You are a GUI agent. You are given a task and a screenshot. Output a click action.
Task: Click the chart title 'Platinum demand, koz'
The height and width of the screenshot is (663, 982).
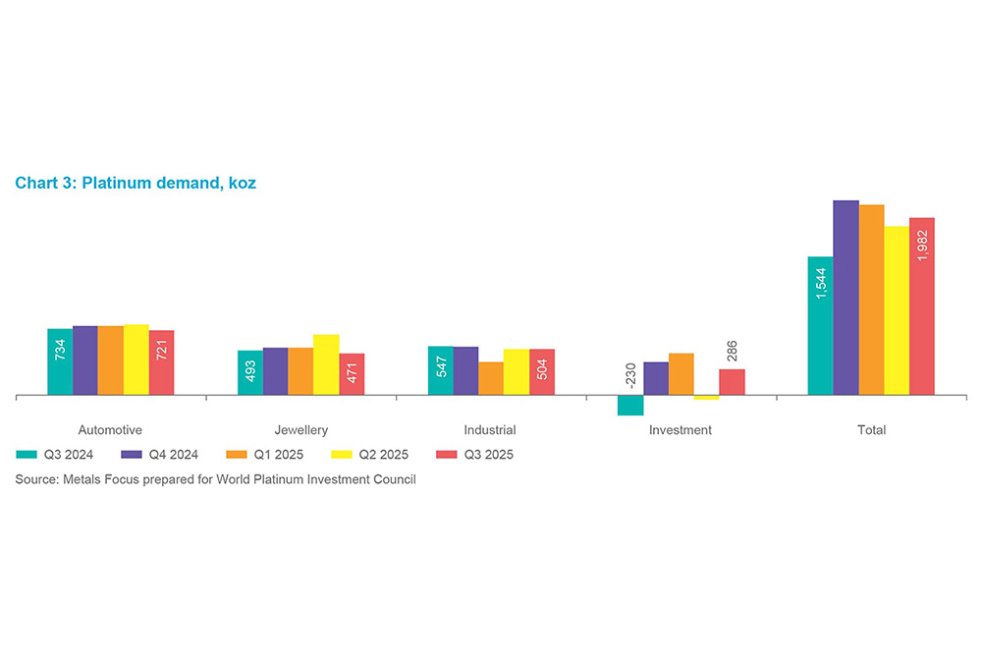[168, 183]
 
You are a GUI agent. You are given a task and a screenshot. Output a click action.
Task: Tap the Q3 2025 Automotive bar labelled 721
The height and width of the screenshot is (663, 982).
[161, 362]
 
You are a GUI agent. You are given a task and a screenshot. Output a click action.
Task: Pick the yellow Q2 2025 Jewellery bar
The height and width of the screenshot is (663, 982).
[326, 364]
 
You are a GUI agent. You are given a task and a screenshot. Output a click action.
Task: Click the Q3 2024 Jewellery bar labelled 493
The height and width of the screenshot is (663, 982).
[250, 372]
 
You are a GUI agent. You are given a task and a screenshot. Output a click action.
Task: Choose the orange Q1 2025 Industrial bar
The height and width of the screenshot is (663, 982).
[491, 378]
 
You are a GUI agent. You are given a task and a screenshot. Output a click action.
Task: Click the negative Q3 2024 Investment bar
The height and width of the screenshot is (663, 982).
[630, 406]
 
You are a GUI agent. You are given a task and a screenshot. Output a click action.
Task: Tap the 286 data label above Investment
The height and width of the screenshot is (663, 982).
[732, 352]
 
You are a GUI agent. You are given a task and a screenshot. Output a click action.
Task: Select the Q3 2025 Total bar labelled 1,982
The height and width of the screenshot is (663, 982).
[922, 305]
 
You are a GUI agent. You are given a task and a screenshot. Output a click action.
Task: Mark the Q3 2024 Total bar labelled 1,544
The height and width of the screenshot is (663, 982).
[820, 325]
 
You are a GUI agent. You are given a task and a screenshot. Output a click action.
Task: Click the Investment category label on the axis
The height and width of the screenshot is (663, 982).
[681, 430]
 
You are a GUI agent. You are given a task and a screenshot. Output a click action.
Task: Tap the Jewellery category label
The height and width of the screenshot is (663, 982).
[300, 430]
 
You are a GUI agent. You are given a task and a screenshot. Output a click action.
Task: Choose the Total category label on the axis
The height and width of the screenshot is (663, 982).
[871, 430]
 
